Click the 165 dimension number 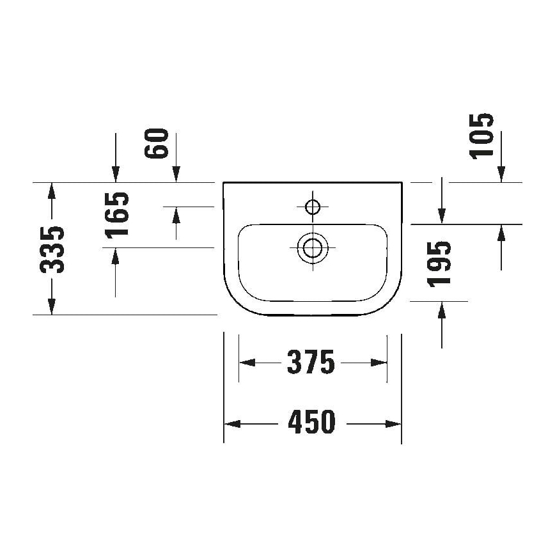point(117,214)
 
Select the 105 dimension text point(483,135)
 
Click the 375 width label point(311,363)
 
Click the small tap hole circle point(313,207)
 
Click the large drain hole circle point(313,246)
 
